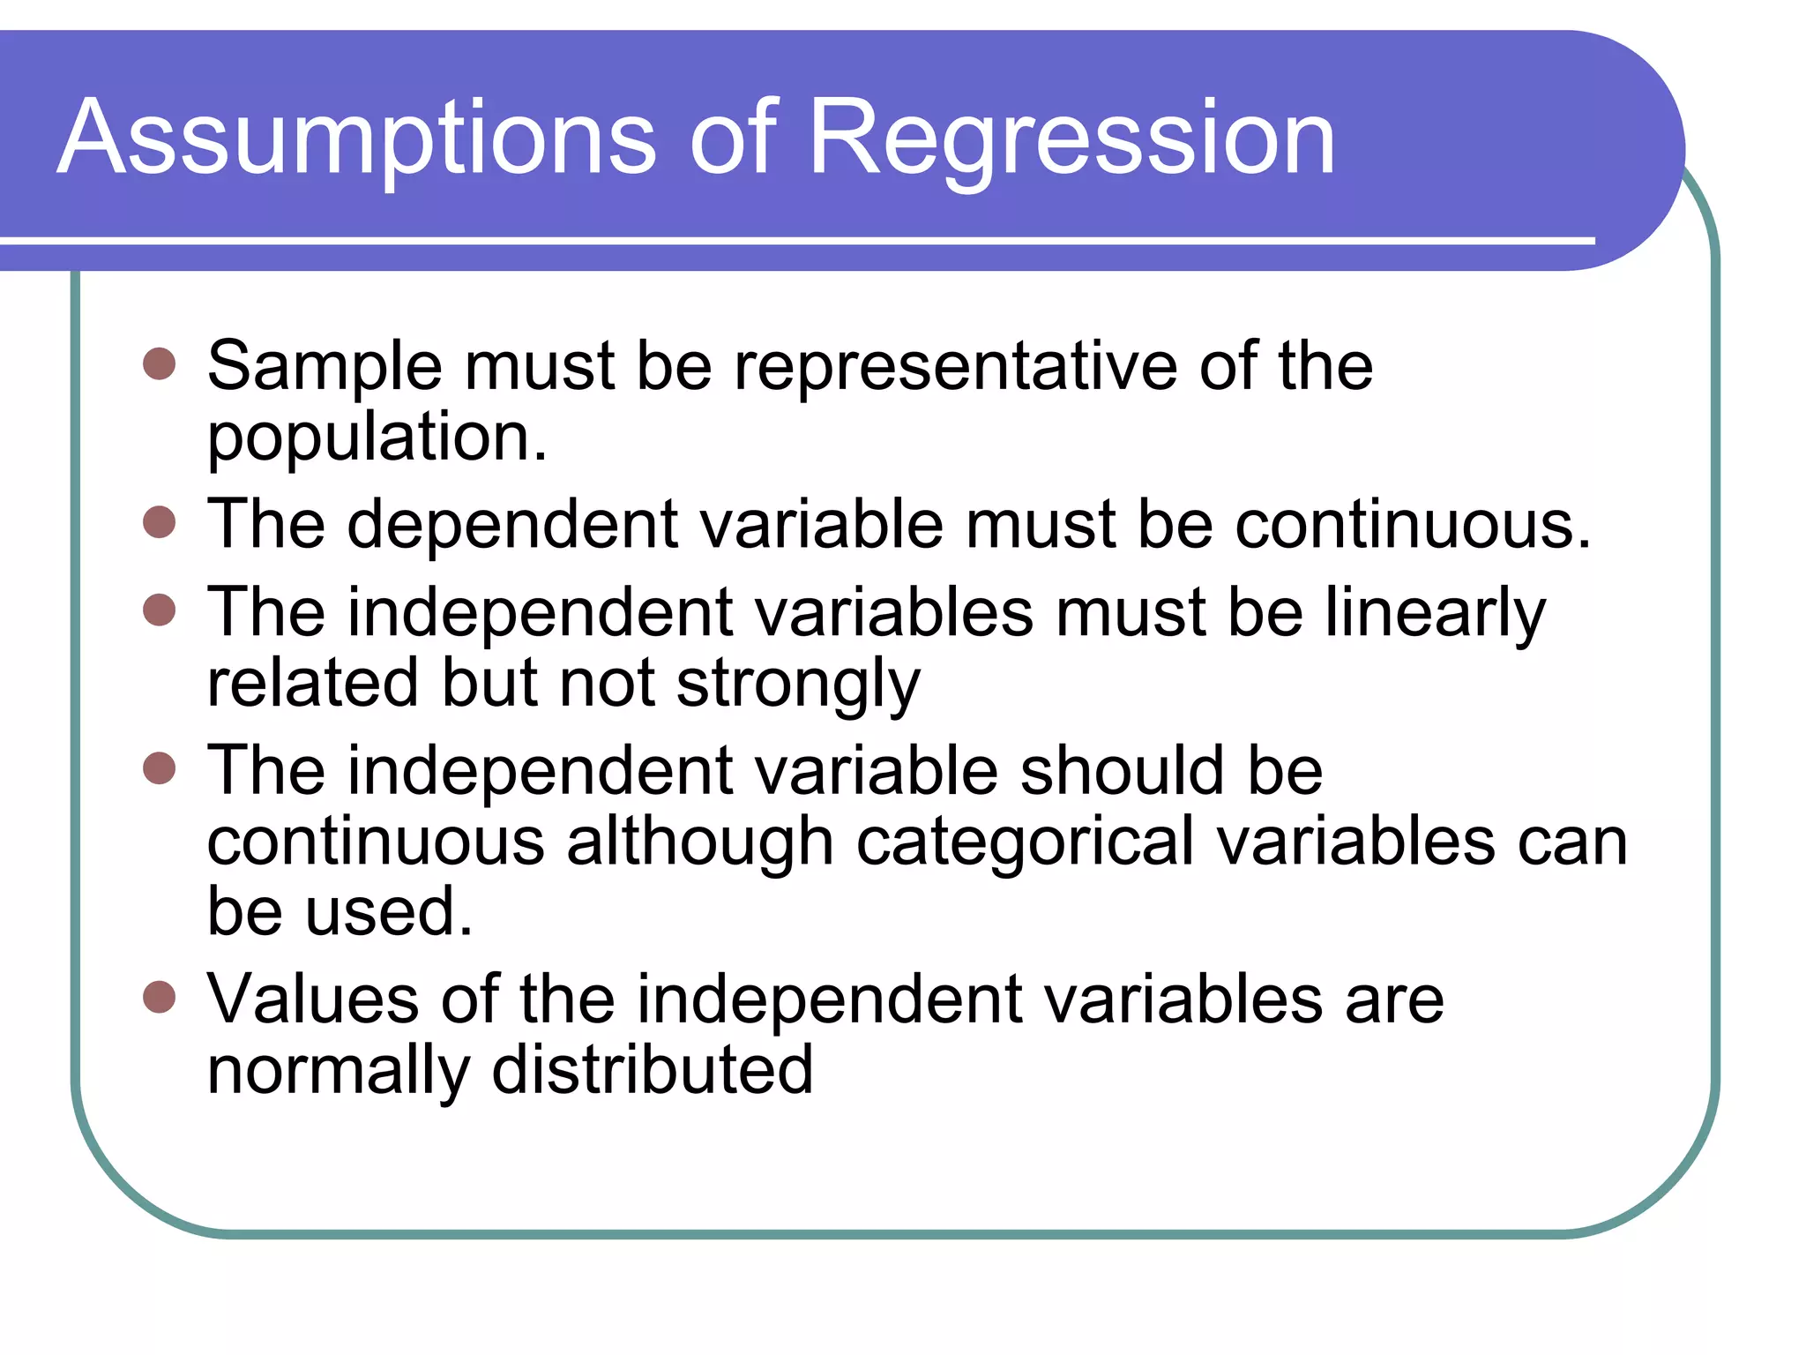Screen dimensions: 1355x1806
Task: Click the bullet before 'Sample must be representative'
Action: (160, 363)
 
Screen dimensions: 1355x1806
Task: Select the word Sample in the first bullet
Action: (324, 366)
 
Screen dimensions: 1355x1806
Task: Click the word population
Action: (377, 438)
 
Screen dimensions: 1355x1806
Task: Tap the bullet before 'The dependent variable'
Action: (160, 522)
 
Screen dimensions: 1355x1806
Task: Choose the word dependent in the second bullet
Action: (512, 524)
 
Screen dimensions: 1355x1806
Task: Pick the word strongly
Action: (798, 685)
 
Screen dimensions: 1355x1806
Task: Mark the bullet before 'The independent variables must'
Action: (160, 610)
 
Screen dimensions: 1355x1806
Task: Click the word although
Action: (699, 842)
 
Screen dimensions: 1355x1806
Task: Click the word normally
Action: (338, 1072)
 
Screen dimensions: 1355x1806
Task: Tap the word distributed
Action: (652, 1070)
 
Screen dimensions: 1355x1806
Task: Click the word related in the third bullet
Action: (312, 684)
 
